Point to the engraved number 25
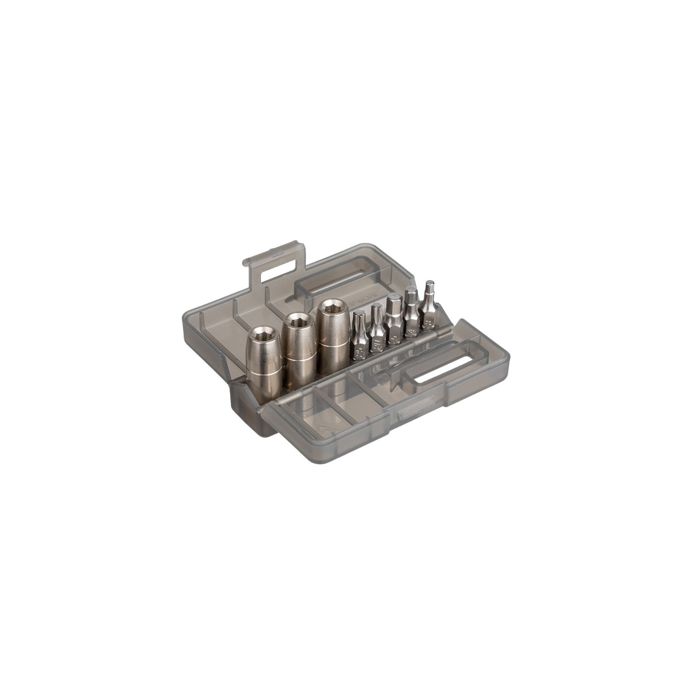[359, 352]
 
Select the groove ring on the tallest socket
[334, 343]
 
